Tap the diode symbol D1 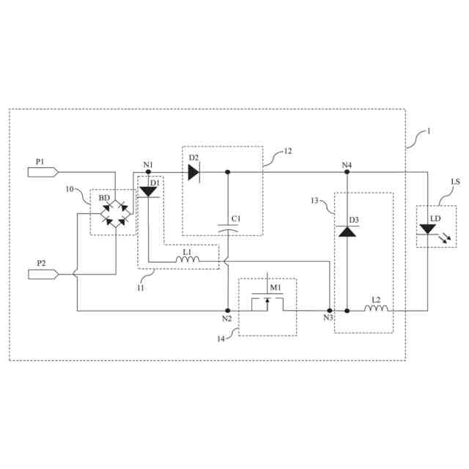pos(149,192)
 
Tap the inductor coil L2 pos(377,310)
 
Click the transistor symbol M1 pos(267,302)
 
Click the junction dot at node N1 pos(149,173)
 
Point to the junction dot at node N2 pos(228,310)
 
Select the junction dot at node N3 pos(329,310)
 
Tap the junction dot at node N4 pos(347,173)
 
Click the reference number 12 pos(287,152)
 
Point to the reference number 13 pos(316,199)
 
